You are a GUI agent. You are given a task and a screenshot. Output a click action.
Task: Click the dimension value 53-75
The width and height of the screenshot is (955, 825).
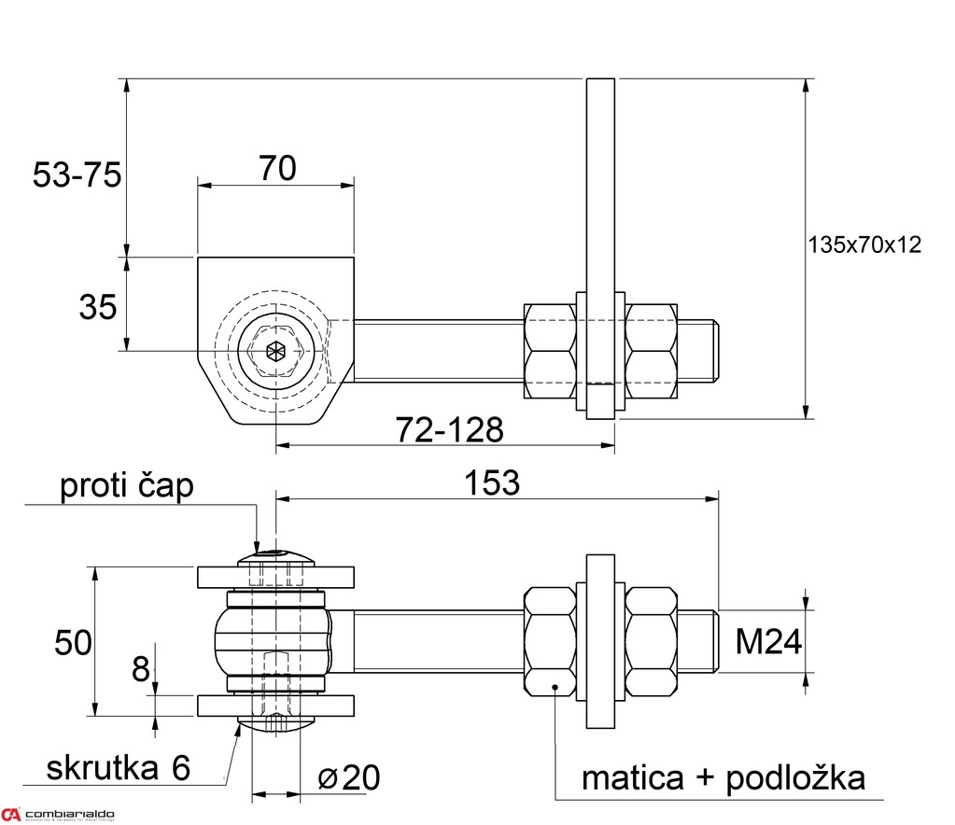(x=77, y=175)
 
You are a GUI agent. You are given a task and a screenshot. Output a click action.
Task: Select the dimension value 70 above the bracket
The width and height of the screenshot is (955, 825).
(x=277, y=168)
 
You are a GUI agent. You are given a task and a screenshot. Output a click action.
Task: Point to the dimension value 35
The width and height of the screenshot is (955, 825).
(x=98, y=306)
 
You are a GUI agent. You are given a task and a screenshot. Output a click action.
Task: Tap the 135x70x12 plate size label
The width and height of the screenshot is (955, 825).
(x=863, y=245)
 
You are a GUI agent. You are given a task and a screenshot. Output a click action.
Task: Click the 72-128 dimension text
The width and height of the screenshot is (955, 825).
(x=449, y=430)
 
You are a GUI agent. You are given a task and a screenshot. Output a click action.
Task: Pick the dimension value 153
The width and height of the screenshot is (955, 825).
(x=492, y=482)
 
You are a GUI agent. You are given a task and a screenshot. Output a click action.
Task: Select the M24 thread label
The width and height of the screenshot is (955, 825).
(x=768, y=641)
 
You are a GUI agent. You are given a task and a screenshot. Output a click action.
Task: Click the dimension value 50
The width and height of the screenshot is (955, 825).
(x=73, y=642)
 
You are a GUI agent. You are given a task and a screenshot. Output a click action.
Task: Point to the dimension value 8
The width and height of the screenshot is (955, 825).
(x=140, y=668)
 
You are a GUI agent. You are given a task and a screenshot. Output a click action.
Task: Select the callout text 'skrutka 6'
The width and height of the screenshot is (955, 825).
(x=119, y=767)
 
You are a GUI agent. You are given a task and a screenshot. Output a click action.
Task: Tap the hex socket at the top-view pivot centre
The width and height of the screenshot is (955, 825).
(x=274, y=352)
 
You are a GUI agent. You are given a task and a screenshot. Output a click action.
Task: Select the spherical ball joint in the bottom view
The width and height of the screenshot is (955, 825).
(x=275, y=640)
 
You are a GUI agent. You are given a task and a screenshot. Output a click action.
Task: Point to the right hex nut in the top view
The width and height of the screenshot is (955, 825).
(x=652, y=351)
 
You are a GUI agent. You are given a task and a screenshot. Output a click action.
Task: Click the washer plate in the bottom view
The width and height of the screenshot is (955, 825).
(x=600, y=640)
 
